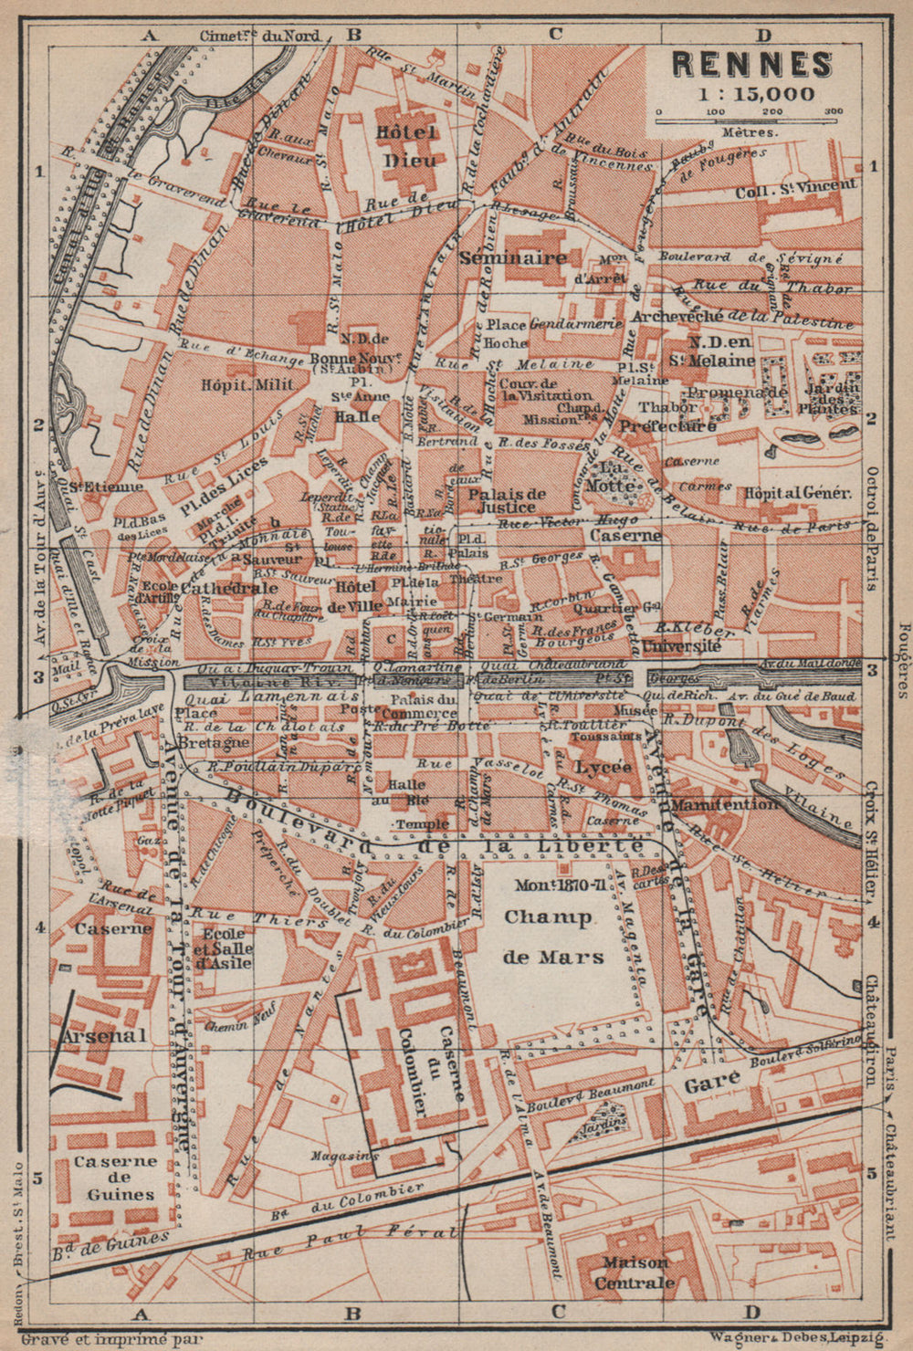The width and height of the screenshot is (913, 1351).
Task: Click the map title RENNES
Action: coord(752,63)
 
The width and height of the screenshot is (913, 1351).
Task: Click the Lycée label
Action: coord(603,767)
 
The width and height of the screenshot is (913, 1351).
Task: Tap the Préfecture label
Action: coord(668,426)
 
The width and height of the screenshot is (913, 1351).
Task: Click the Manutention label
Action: coord(725,804)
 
